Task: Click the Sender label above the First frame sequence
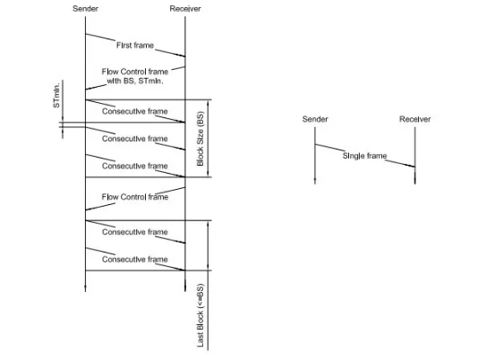[x=85, y=9]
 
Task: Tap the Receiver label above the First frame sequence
[x=185, y=9]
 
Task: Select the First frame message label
[x=135, y=45]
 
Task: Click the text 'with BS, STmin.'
[x=135, y=81]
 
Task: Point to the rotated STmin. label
[x=56, y=95]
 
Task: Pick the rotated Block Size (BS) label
[x=201, y=139]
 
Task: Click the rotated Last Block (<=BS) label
[x=201, y=315]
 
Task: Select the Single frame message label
[x=364, y=156]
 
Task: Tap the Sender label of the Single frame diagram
[x=315, y=119]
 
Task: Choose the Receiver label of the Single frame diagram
[x=415, y=119]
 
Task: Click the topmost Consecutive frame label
[x=135, y=111]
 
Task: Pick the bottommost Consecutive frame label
[x=135, y=259]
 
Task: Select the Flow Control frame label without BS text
[x=135, y=197]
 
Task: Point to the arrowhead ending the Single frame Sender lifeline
[x=315, y=182]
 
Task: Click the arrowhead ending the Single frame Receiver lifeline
[x=415, y=182]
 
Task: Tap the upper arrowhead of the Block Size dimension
[x=209, y=102]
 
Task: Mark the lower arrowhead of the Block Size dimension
[x=209, y=175]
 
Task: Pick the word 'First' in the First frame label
[x=124, y=45]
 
